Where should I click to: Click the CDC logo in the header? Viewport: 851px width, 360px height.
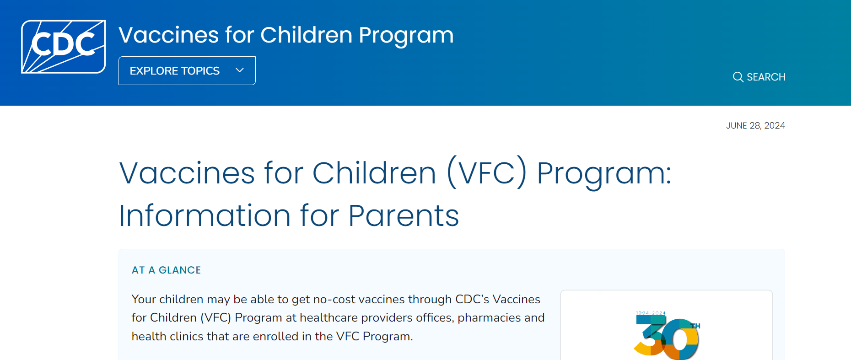63,46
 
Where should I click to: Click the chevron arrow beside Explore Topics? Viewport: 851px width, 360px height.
239,70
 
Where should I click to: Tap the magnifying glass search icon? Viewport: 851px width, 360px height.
738,77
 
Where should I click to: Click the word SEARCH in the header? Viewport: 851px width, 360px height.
766,77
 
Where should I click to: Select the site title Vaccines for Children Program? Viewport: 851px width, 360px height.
286,35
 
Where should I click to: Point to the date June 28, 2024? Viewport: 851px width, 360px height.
755,125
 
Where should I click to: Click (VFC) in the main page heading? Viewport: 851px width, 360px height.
487,173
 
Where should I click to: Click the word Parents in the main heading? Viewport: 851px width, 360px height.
403,215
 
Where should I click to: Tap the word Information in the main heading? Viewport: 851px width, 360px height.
205,215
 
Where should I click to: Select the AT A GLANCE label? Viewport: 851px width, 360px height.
166,270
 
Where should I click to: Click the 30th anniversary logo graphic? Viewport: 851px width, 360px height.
667,337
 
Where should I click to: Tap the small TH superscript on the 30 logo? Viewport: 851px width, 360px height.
695,326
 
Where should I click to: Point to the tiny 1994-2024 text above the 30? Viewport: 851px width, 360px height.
651,313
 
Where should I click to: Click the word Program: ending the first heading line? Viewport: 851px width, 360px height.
604,173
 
